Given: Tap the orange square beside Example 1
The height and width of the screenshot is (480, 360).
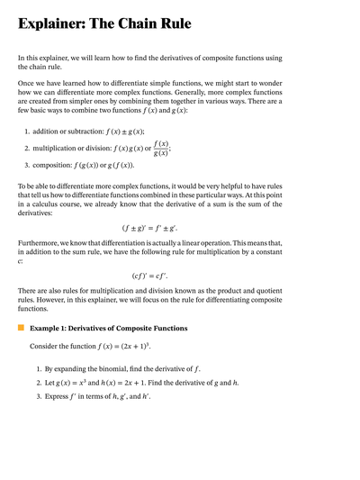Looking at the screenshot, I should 22,329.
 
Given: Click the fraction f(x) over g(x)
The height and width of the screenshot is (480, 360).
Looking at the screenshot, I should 161,148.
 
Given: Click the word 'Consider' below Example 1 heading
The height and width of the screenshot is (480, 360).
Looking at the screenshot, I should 47,346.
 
